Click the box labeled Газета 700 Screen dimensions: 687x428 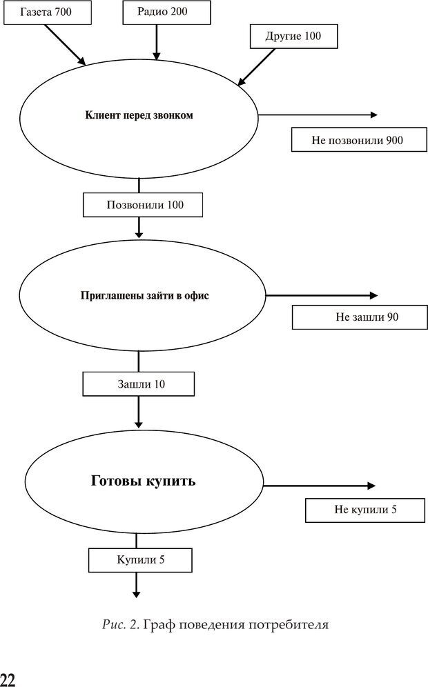(46, 12)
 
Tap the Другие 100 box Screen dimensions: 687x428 (293, 35)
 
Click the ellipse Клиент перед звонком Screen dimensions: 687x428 (139, 116)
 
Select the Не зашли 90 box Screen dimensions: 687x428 (356, 317)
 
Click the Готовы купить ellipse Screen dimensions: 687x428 (144, 481)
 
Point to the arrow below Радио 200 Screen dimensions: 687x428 (156, 41)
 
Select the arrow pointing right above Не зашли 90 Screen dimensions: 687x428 (322, 295)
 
